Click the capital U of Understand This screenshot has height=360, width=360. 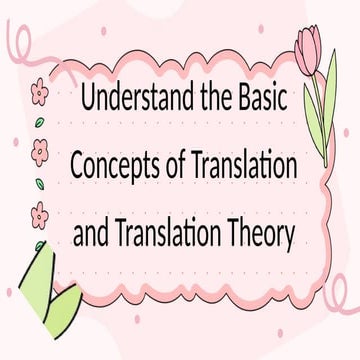[x=86, y=101]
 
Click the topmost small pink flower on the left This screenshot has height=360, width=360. [x=40, y=93]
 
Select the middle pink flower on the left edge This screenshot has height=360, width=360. [x=40, y=152]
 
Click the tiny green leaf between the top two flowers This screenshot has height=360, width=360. [x=39, y=122]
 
